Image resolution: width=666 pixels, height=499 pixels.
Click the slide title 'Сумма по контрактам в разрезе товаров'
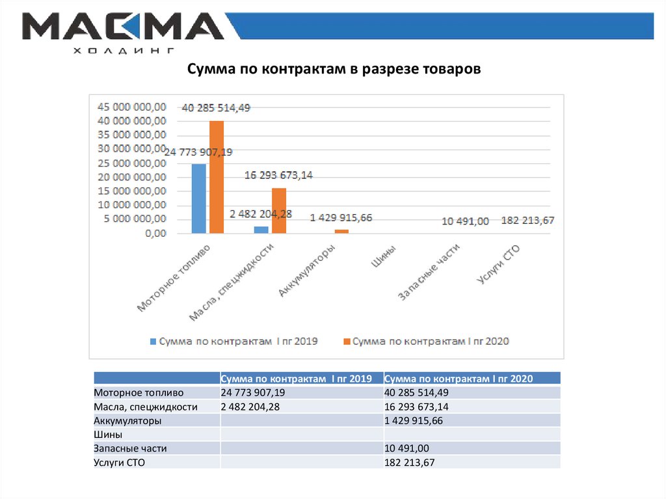tap(334, 69)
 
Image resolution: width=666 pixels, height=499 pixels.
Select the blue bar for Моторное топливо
tap(199, 198)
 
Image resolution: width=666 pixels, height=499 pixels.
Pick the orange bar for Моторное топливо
tap(217, 177)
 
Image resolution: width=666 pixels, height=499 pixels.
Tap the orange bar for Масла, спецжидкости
tap(278, 210)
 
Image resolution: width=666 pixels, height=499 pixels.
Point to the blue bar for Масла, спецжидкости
tap(261, 229)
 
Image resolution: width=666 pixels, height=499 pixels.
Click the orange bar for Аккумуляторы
tap(341, 231)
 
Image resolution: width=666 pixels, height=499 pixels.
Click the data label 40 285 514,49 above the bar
tap(216, 108)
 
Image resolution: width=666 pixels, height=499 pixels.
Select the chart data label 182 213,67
tap(527, 221)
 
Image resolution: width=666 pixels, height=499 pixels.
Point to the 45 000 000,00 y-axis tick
tap(131, 107)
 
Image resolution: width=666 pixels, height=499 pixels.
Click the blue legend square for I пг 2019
tap(153, 341)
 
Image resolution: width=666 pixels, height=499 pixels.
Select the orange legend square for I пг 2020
tap(347, 341)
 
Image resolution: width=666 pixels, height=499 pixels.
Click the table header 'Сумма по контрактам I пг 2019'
tap(296, 379)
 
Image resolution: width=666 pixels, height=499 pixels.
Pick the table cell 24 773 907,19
tap(253, 393)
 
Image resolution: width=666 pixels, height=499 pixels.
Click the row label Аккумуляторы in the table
tap(127, 421)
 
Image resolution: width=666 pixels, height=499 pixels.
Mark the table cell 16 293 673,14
tap(417, 407)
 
